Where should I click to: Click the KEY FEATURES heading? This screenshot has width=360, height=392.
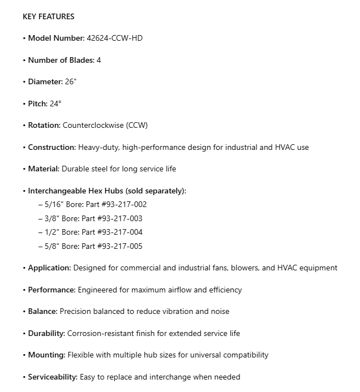49,16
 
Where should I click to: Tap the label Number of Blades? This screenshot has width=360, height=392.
61,60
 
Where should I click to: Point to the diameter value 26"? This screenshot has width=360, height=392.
71,81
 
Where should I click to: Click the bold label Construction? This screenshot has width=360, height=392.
52,147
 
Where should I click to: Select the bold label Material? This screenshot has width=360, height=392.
44,169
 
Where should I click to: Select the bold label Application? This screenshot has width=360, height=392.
49,268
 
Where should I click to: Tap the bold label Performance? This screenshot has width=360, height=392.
52,290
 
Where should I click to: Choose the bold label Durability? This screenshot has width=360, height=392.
46,333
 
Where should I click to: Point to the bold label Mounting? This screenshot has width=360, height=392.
46,355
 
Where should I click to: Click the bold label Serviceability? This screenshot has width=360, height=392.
53,377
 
